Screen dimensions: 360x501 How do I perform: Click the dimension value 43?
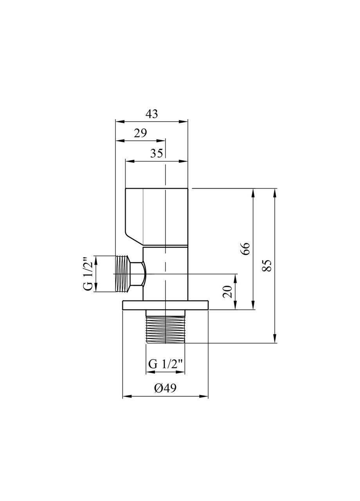pyautogui.click(x=151, y=114)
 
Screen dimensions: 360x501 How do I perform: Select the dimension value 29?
pyautogui.click(x=140, y=133)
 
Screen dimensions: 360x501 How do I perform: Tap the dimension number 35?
pyautogui.click(x=156, y=153)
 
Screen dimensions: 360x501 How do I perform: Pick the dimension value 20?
pyautogui.click(x=227, y=292)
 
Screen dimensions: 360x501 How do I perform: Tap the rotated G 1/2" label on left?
pyautogui.click(x=88, y=274)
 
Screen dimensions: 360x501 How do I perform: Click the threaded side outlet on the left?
pyautogui.click(x=123, y=274)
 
